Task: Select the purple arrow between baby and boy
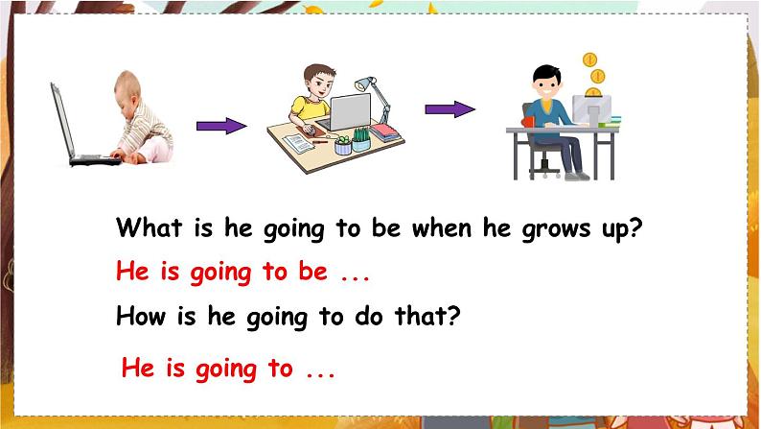pos(220,126)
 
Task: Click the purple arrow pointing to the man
pos(450,108)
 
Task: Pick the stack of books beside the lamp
pos(385,132)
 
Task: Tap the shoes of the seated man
pos(576,176)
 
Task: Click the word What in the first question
pos(144,229)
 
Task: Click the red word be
pos(313,272)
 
